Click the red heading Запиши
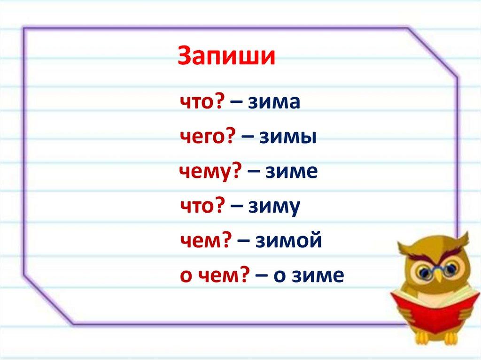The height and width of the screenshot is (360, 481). [x=226, y=56]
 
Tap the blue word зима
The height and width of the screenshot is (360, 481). [x=274, y=102]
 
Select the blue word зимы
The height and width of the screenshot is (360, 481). [x=288, y=137]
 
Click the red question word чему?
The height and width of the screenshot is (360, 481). [x=210, y=172]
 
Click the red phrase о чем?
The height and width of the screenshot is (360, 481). [x=214, y=275]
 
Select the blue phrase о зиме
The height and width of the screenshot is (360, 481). [x=309, y=276]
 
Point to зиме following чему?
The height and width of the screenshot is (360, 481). [x=291, y=172]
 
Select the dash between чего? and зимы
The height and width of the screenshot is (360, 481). [x=248, y=138]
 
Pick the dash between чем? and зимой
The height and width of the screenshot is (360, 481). [x=243, y=241]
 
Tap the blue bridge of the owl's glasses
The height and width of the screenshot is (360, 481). [x=439, y=269]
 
